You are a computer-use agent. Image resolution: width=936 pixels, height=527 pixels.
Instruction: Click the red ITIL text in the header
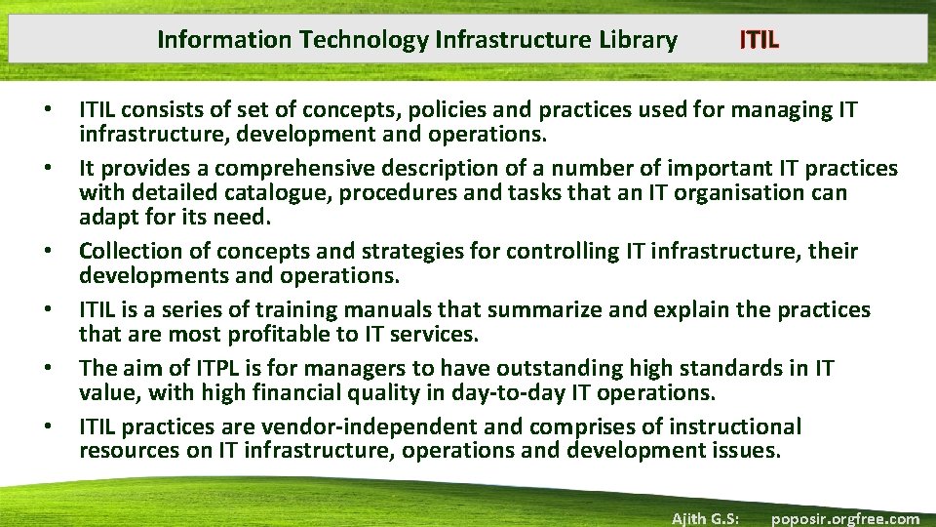(x=759, y=40)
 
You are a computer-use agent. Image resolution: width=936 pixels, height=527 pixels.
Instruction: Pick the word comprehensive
(x=247, y=169)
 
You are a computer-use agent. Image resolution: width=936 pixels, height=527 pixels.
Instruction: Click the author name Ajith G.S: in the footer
(x=705, y=518)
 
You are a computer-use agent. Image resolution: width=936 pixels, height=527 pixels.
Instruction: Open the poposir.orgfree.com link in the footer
(x=844, y=518)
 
